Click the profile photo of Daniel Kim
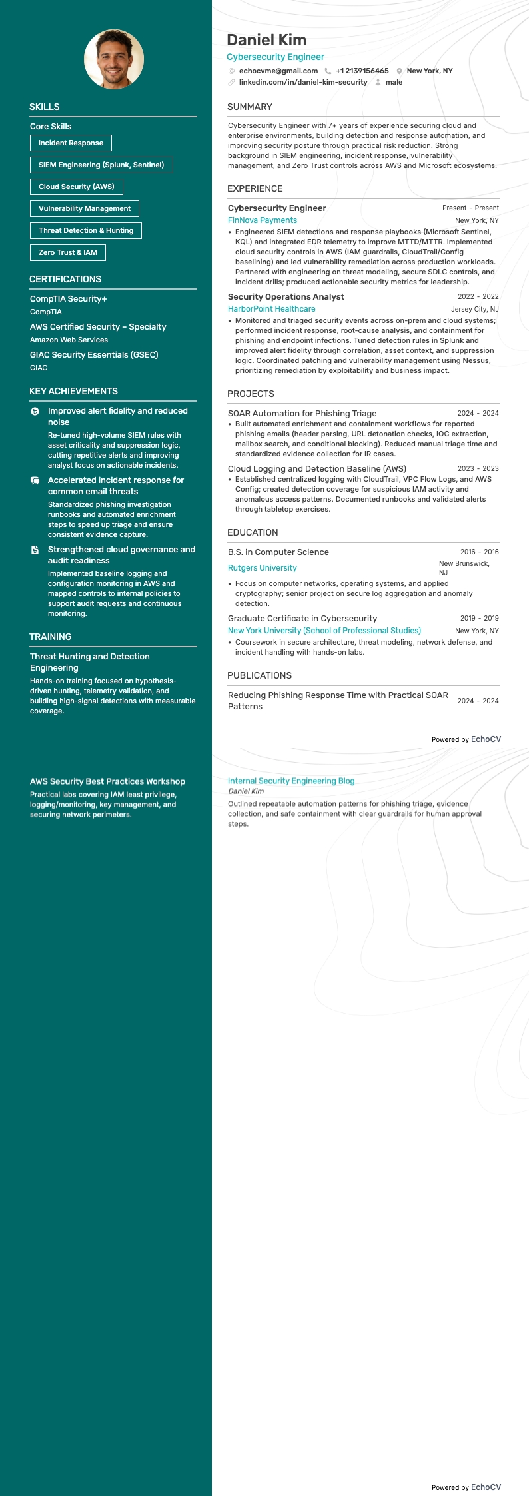[114, 59]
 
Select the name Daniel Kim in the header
[266, 40]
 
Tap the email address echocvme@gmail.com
[278, 71]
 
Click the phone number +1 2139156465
[362, 71]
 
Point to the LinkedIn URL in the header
[303, 82]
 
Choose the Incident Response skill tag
[71, 143]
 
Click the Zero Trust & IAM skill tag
[68, 252]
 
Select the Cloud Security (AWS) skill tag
[77, 187]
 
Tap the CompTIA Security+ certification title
[69, 299]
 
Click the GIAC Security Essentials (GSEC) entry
[94, 355]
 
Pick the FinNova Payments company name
[263, 220]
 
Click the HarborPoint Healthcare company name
[272, 309]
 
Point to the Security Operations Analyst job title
[286, 297]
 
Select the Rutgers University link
[263, 568]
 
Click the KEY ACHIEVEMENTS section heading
[73, 391]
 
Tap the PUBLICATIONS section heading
[259, 675]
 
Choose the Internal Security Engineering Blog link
[291, 781]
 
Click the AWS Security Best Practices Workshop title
[107, 781]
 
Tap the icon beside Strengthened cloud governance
[35, 550]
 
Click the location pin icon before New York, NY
[399, 71]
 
